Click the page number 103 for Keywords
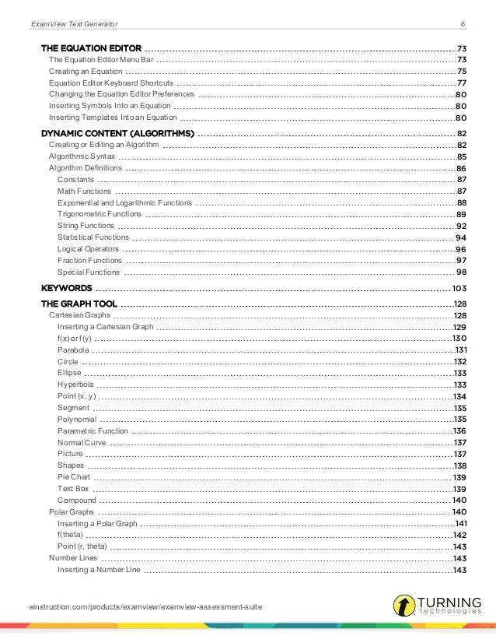[x=459, y=288]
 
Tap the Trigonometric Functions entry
[x=100, y=214]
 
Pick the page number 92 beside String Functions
[x=460, y=226]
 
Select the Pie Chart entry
[x=72, y=476]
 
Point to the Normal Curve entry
[x=82, y=442]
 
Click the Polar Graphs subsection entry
[x=72, y=512]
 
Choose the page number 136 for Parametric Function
[x=459, y=430]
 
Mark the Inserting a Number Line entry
[x=99, y=570]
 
